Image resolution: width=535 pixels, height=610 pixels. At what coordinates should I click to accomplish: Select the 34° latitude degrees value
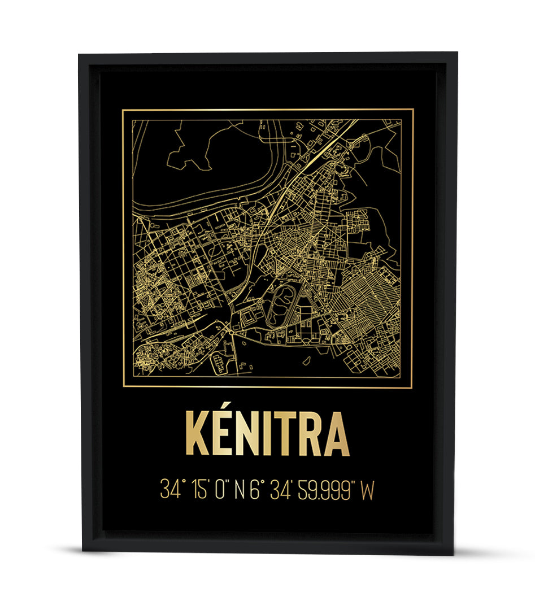(x=171, y=490)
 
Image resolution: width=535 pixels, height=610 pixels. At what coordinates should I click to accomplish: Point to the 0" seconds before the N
(x=221, y=490)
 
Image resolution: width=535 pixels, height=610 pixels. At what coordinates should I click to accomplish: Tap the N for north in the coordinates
(x=240, y=490)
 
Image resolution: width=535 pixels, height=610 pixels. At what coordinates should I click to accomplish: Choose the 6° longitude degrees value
(x=255, y=490)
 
